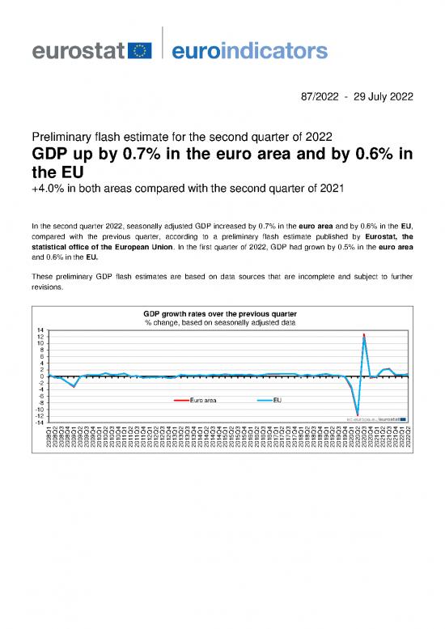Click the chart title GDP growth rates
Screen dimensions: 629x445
click(220, 312)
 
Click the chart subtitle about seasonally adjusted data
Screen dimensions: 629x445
click(220, 322)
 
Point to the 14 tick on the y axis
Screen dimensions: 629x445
click(40, 330)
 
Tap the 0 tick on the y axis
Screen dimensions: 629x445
click(41, 376)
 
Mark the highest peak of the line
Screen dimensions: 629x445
click(364, 334)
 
